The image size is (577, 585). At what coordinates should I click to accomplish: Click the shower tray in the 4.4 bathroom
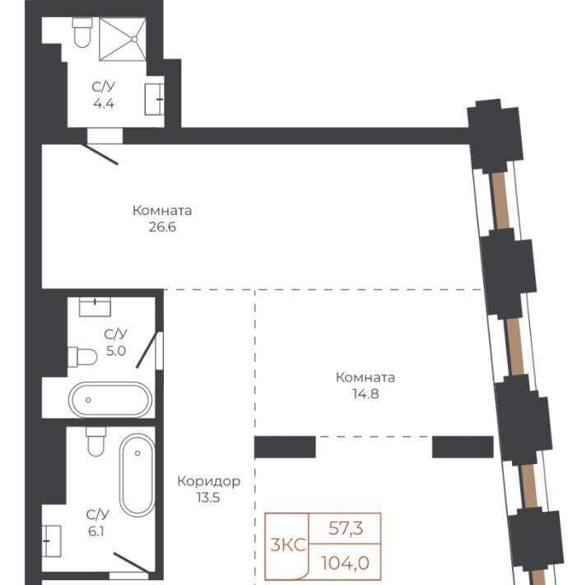coord(123,40)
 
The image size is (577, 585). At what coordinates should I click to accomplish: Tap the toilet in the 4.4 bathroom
coord(82,32)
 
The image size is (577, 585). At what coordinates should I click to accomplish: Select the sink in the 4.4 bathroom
coord(154,99)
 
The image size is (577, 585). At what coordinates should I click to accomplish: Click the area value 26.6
coord(162,227)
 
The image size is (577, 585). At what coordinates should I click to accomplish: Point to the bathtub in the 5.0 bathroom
coord(110,400)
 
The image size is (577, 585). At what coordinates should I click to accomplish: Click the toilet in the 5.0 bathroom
coord(82,357)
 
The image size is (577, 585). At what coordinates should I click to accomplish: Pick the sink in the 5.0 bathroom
coord(95,307)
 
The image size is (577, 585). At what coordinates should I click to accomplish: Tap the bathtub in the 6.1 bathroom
coord(137,475)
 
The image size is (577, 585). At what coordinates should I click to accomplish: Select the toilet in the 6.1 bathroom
coord(95,442)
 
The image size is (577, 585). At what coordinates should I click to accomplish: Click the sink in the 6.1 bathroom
coord(51,541)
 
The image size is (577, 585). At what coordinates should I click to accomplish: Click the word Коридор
coord(209,481)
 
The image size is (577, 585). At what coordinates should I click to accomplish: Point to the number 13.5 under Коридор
coord(208,498)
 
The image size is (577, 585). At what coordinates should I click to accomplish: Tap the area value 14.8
coord(365,394)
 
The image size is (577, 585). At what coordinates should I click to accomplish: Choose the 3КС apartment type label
coord(288,545)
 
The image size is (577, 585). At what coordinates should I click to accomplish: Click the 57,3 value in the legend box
coord(346,528)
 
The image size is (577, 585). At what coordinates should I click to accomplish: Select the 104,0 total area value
coord(346,564)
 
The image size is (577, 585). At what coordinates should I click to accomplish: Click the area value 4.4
coord(104,103)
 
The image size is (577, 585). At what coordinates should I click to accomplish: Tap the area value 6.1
coord(95,531)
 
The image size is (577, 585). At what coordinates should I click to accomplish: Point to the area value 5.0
coord(116,351)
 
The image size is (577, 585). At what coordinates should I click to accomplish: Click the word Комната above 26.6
coord(162,211)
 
